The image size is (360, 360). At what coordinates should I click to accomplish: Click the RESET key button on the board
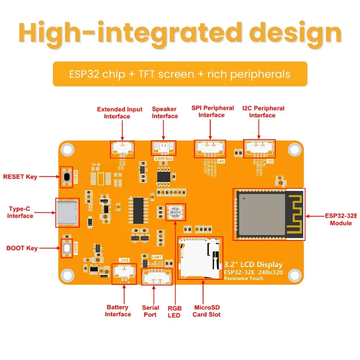67,177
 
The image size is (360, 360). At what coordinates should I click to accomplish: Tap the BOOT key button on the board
67,248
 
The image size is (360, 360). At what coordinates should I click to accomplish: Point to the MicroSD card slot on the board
200,258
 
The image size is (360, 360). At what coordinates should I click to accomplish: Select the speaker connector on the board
163,147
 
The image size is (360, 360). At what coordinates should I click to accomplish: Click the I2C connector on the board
260,148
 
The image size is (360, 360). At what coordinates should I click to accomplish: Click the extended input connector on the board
122,149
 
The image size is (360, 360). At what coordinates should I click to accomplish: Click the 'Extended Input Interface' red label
120,113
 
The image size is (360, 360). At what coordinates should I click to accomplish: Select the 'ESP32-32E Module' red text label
341,220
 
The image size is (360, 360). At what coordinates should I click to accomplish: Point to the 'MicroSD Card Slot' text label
207,311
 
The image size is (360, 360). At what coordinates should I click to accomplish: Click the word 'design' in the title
296,33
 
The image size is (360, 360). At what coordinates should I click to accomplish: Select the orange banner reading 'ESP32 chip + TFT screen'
180,74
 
